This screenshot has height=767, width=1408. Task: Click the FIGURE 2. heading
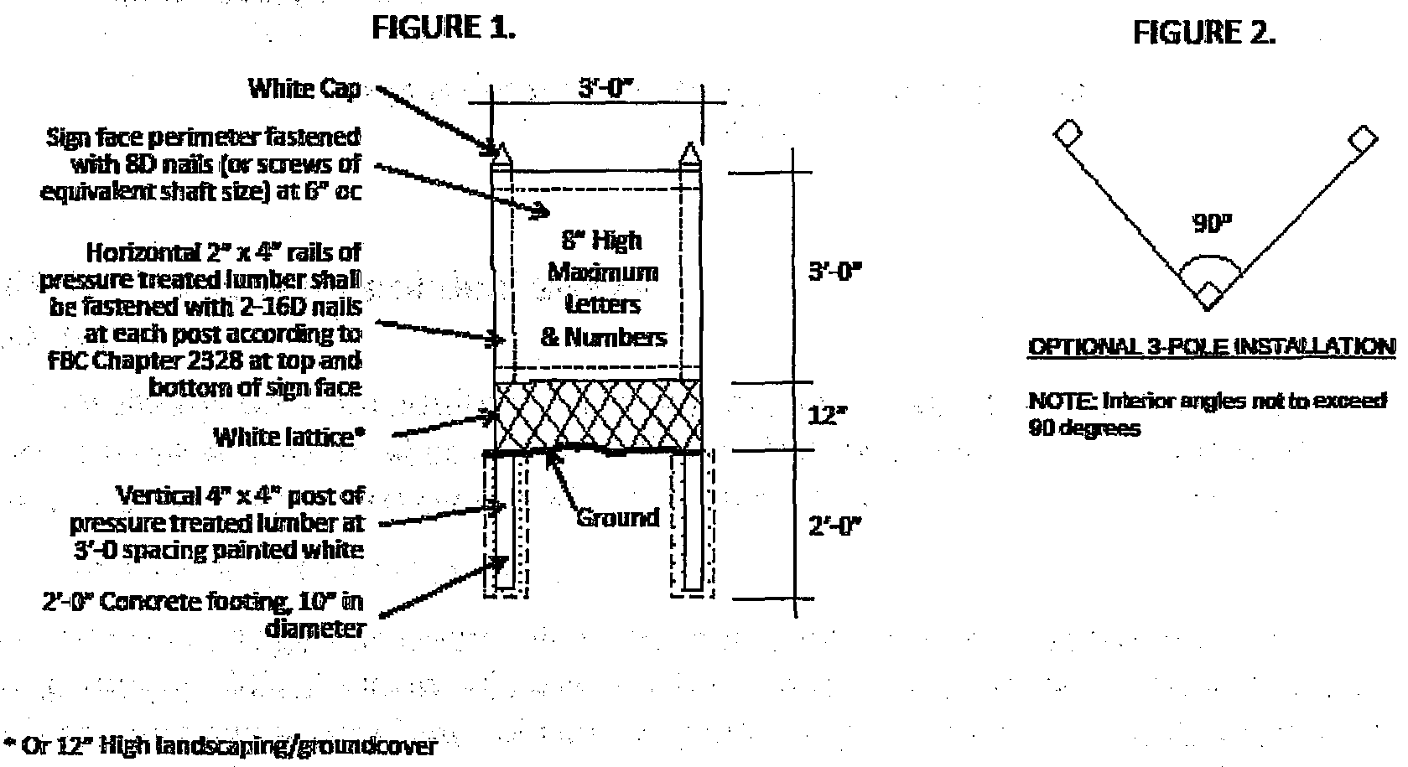(x=1204, y=33)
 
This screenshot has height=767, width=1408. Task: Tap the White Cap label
(x=304, y=88)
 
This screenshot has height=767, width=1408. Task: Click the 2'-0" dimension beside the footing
(x=834, y=526)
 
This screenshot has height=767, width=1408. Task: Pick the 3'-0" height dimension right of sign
(x=835, y=273)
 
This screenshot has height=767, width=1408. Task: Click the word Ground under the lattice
(x=617, y=518)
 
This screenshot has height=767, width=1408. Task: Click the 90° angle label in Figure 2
(x=1211, y=225)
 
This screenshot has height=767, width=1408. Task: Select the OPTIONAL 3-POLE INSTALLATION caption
(x=1212, y=347)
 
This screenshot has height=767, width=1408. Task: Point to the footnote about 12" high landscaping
(x=221, y=745)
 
